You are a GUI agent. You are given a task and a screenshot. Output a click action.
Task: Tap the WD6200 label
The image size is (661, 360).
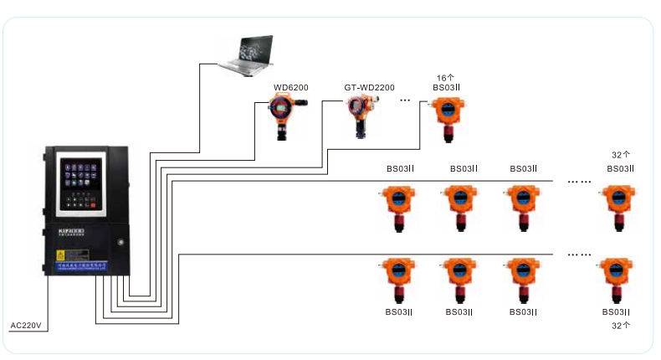tap(291, 87)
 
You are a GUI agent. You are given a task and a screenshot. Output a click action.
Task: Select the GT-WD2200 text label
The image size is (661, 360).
tap(369, 87)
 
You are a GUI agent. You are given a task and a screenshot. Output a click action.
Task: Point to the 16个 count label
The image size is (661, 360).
tap(446, 76)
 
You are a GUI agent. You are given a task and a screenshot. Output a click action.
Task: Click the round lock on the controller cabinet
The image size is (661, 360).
tap(121, 243)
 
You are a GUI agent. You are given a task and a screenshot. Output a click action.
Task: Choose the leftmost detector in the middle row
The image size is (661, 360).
tap(397, 206)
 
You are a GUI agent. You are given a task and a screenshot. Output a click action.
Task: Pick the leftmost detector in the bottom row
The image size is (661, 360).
tap(397, 278)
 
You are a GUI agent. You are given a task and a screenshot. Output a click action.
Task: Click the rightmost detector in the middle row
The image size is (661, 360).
tap(618, 206)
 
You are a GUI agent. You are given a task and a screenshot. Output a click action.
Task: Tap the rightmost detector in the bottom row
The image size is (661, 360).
tap(618, 278)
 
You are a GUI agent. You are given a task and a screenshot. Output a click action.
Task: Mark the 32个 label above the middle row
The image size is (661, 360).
tap(620, 156)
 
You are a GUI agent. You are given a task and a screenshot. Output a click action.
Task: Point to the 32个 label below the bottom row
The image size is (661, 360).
tap(620, 325)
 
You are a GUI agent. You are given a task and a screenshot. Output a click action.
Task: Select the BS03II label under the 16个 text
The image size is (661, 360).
tap(447, 87)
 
